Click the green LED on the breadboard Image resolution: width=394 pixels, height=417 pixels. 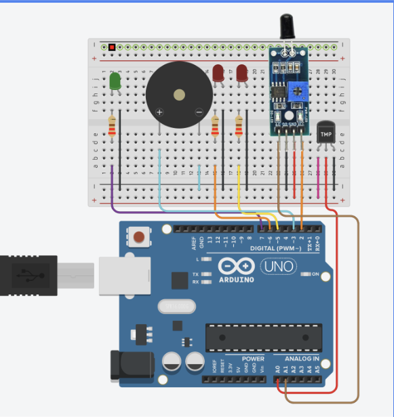[x=115, y=82]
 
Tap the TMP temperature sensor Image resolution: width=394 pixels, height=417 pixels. [x=326, y=133]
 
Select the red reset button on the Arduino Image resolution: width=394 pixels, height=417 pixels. [x=139, y=238]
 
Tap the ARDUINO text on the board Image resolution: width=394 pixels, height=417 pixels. [x=236, y=279]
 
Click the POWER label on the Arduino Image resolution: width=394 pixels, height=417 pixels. [x=254, y=359]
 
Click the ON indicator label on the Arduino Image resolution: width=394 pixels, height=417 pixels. [x=315, y=274]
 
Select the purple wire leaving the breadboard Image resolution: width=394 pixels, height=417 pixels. [x=113, y=193]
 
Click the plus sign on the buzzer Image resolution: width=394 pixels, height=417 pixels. [x=160, y=112]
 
